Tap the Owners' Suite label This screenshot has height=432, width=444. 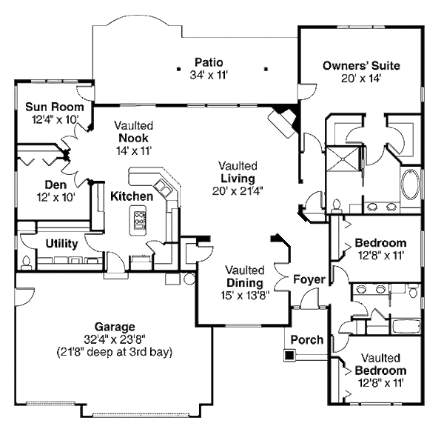tap(361, 66)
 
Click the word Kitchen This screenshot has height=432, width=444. tap(132, 196)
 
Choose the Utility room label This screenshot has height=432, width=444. tap(63, 243)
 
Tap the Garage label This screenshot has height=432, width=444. tap(115, 326)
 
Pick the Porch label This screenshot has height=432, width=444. tap(306, 340)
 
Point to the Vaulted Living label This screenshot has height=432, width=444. tap(237, 179)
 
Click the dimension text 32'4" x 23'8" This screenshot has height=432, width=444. tap(114, 339)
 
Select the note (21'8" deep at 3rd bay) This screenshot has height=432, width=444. tap(114, 352)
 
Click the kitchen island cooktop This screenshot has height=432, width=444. tap(138, 219)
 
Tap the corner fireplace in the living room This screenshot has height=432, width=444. tap(283, 119)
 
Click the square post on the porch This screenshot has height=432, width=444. tap(288, 356)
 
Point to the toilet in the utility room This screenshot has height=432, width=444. tap(27, 262)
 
